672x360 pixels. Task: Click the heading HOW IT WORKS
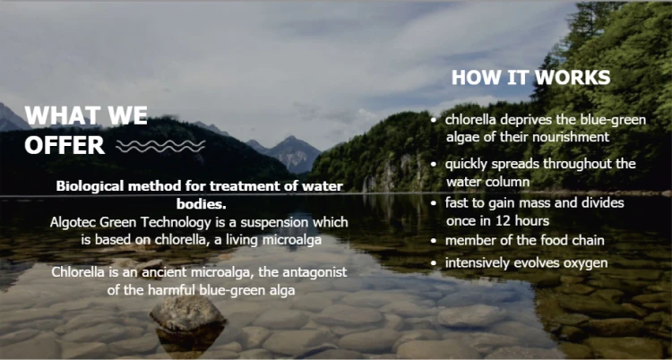click(x=531, y=77)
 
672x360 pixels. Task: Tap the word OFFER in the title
click(x=65, y=146)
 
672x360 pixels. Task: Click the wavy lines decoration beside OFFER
click(x=160, y=146)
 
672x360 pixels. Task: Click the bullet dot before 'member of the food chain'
click(x=435, y=241)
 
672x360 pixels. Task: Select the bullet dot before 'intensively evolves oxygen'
click(x=435, y=263)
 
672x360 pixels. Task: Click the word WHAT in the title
click(x=59, y=116)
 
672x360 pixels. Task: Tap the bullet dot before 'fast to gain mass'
click(x=435, y=202)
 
